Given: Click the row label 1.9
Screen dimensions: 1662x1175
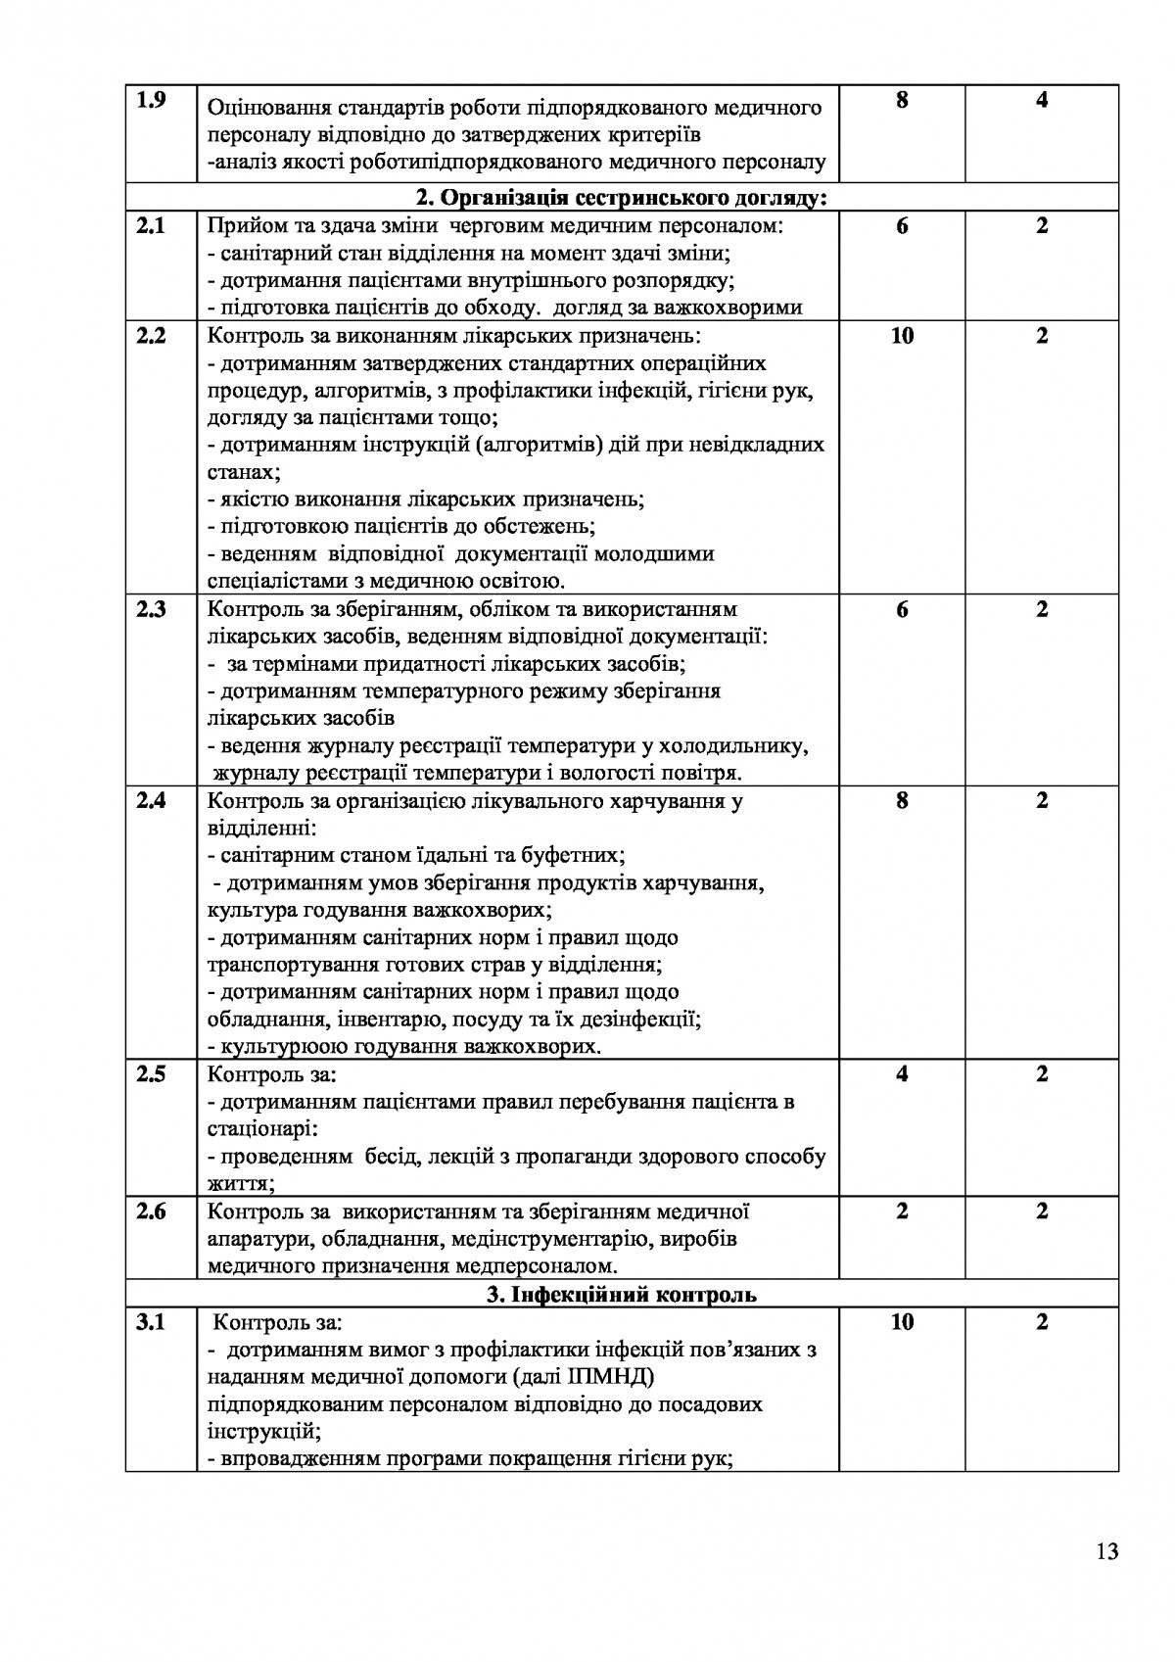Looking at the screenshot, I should (151, 101).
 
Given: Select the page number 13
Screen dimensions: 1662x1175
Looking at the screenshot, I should (1107, 1551).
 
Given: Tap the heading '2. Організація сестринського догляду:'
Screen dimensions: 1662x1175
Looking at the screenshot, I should (622, 199).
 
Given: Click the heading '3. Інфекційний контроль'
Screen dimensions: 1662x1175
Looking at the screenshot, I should (622, 1295).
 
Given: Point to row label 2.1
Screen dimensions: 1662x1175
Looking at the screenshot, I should (151, 226).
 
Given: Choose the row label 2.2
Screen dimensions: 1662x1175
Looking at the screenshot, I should (151, 336).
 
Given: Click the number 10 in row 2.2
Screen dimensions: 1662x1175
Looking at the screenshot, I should (902, 336).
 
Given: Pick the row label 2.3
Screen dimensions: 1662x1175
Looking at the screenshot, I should (151, 609).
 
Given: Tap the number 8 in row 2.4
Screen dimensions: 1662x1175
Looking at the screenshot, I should (902, 800).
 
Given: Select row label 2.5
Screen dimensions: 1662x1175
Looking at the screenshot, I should (151, 1074).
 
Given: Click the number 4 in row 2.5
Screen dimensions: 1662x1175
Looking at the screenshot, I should (902, 1074).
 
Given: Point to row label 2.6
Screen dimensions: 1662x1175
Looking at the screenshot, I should (151, 1211).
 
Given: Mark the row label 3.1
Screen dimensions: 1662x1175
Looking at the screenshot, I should (151, 1323).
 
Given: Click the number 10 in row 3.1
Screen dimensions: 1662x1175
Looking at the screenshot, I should (902, 1323).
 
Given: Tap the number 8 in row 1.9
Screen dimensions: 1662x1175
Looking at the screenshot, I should (902, 101).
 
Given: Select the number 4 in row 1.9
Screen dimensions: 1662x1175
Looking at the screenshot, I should (1042, 101).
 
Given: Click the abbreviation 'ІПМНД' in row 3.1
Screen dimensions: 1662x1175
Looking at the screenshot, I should (609, 1377).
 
